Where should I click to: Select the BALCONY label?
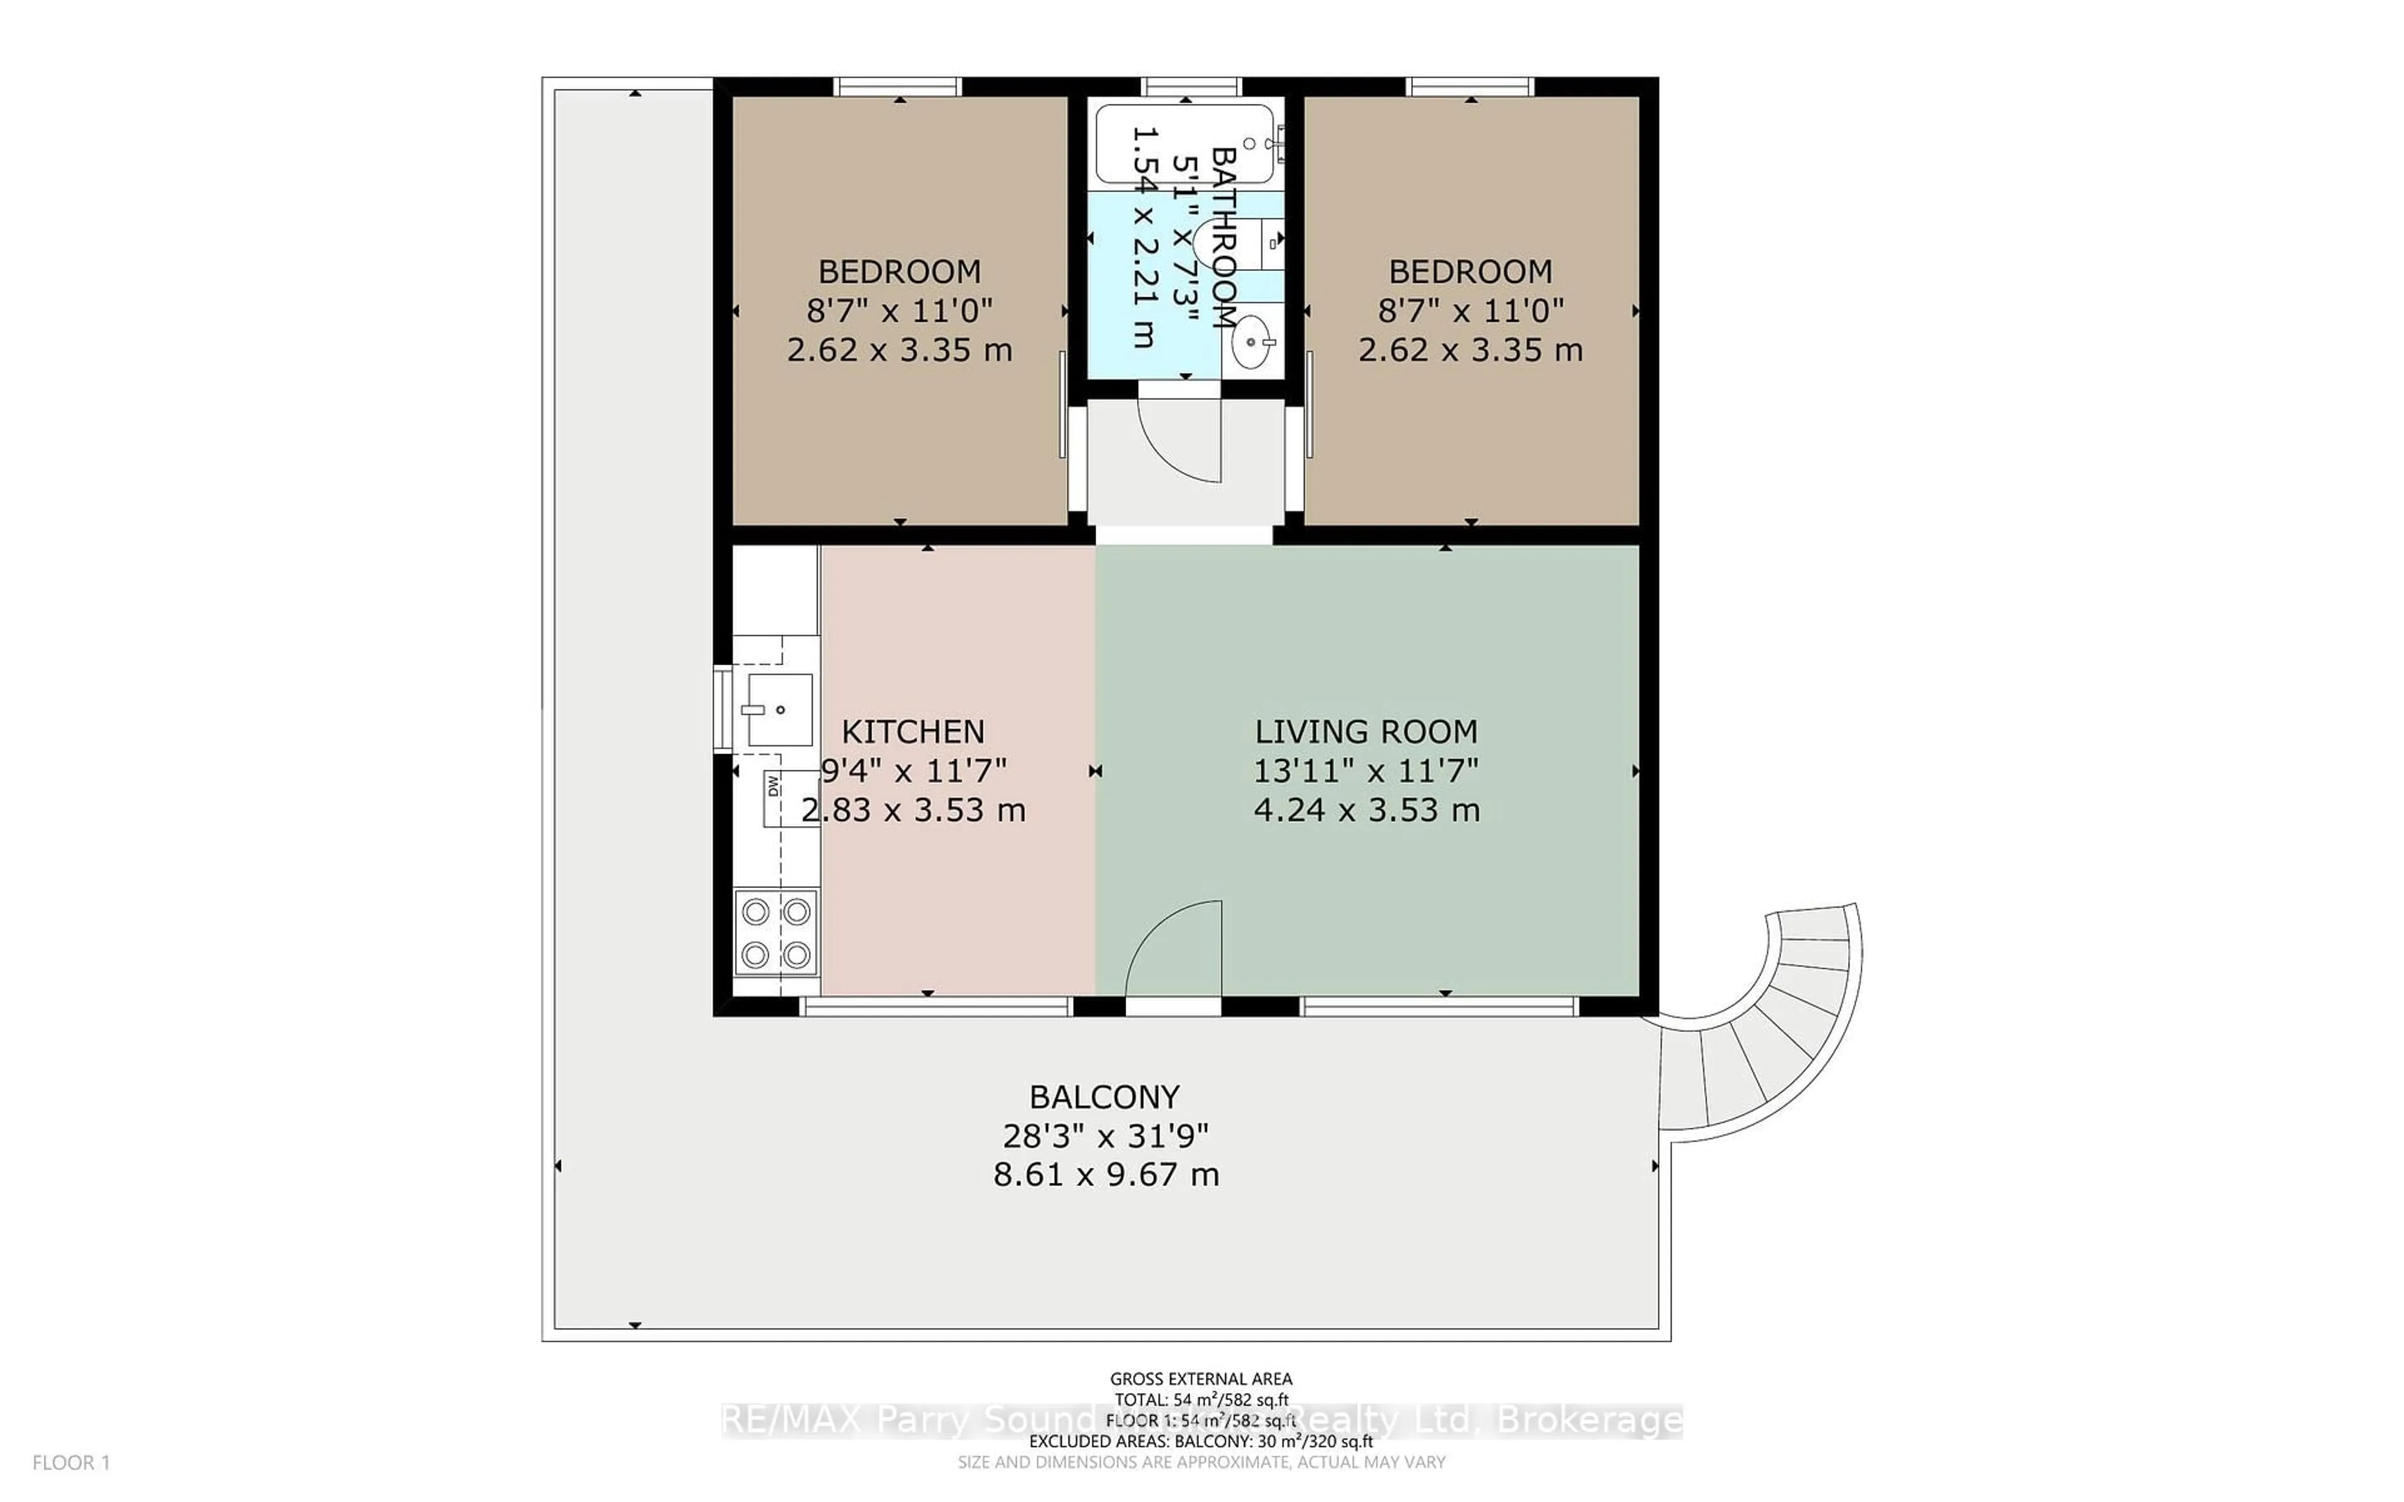[1104, 1096]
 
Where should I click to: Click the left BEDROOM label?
[899, 271]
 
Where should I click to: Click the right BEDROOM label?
[1470, 271]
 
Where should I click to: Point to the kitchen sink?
[779, 709]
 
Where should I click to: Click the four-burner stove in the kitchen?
[776, 932]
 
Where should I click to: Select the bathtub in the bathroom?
[1184, 144]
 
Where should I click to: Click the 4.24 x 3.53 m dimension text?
[1366, 810]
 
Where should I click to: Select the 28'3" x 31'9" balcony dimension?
[1104, 1135]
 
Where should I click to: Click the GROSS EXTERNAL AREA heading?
[1200, 1379]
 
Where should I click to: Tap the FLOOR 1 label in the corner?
[71, 1463]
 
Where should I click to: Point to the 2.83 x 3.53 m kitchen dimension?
[912, 810]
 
